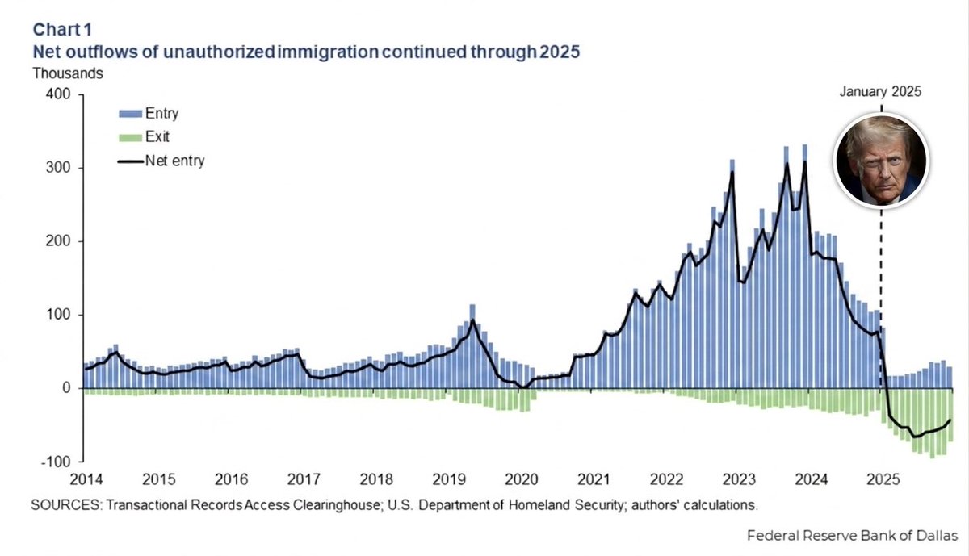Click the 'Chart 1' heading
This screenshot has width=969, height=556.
tap(62, 30)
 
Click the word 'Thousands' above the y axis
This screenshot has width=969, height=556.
tap(68, 73)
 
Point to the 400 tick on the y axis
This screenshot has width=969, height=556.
tap(58, 94)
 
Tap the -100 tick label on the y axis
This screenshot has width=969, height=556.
tap(56, 462)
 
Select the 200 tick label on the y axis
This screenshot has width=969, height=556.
tap(58, 241)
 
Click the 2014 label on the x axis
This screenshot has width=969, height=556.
tap(86, 479)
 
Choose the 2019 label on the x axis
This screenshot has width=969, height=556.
tap(449, 479)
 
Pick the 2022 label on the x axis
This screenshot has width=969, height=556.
tap(667, 479)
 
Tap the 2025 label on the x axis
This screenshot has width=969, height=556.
tap(883, 479)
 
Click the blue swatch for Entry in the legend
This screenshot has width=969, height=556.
tap(131, 114)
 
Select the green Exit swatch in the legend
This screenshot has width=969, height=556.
tap(131, 138)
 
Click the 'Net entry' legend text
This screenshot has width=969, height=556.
tap(174, 161)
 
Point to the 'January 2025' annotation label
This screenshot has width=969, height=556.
tap(880, 92)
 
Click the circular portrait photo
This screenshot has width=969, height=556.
tap(881, 161)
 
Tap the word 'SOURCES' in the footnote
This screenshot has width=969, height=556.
tap(65, 505)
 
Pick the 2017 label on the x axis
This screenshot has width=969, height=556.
tap(304, 479)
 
